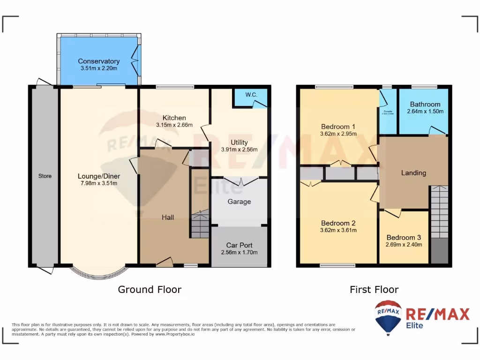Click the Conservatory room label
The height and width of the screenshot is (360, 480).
point(98,61)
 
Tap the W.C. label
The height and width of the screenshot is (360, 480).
point(251,95)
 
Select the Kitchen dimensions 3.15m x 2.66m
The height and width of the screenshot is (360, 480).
point(174,125)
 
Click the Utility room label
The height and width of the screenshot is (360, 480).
point(239,142)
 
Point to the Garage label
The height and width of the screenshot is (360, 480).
point(239,202)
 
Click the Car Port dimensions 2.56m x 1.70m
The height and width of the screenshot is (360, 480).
point(239,252)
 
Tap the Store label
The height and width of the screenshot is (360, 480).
point(45,176)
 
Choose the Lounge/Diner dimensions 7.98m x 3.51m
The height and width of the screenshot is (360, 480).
point(98,183)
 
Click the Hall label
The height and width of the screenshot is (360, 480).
point(168,217)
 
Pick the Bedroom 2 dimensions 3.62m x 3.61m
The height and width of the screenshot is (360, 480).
point(338,230)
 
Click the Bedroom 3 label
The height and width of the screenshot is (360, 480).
point(404,237)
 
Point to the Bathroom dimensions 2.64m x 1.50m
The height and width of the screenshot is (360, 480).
point(425,112)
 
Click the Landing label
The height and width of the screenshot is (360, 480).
point(413,173)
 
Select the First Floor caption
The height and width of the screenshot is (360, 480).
point(374,290)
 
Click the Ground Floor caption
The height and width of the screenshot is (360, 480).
point(150,290)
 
